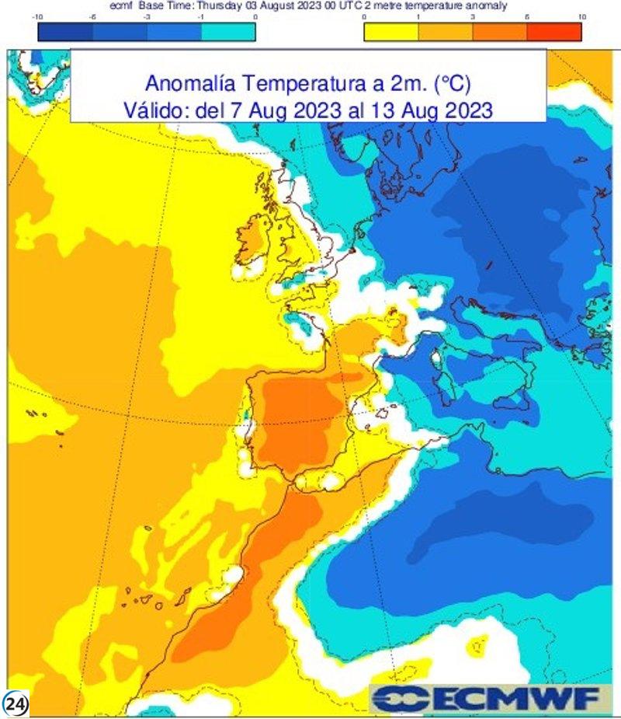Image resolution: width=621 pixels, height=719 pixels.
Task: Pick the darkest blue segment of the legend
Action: point(65,32)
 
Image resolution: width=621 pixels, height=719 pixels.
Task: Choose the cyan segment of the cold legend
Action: point(228,32)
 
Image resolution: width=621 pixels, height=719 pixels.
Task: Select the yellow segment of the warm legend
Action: point(391,32)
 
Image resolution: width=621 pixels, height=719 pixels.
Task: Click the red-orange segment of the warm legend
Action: point(553,32)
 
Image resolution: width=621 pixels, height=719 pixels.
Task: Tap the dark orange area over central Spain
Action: point(299,416)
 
